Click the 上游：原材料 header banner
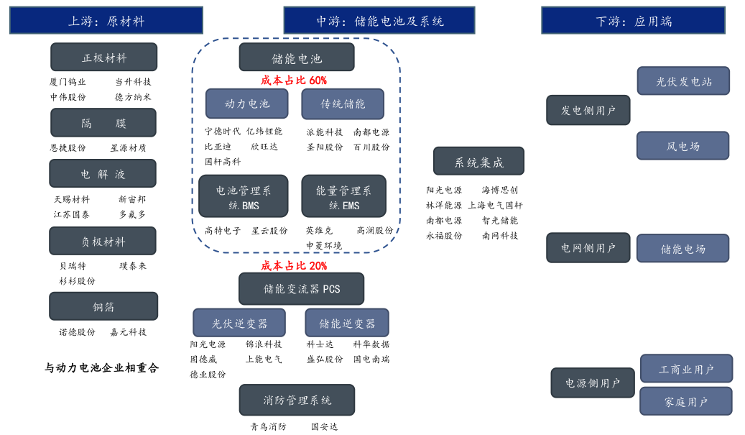[106, 21]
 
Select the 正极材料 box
[103, 58]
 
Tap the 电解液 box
[102, 174]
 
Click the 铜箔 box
[103, 306]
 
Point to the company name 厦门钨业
[68, 82]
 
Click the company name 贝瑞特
[73, 266]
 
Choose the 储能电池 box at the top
[296, 58]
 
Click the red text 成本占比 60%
[293, 81]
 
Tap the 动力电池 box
[246, 104]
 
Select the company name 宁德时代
[223, 132]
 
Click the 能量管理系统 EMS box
[343, 196]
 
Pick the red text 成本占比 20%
[293, 266]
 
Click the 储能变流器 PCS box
[301, 289]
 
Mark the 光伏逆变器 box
[239, 324]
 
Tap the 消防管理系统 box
[297, 400]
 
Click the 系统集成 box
[478, 162]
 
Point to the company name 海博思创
[500, 191]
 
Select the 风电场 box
[682, 146]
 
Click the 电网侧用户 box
[588, 248]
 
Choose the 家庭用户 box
[685, 401]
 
